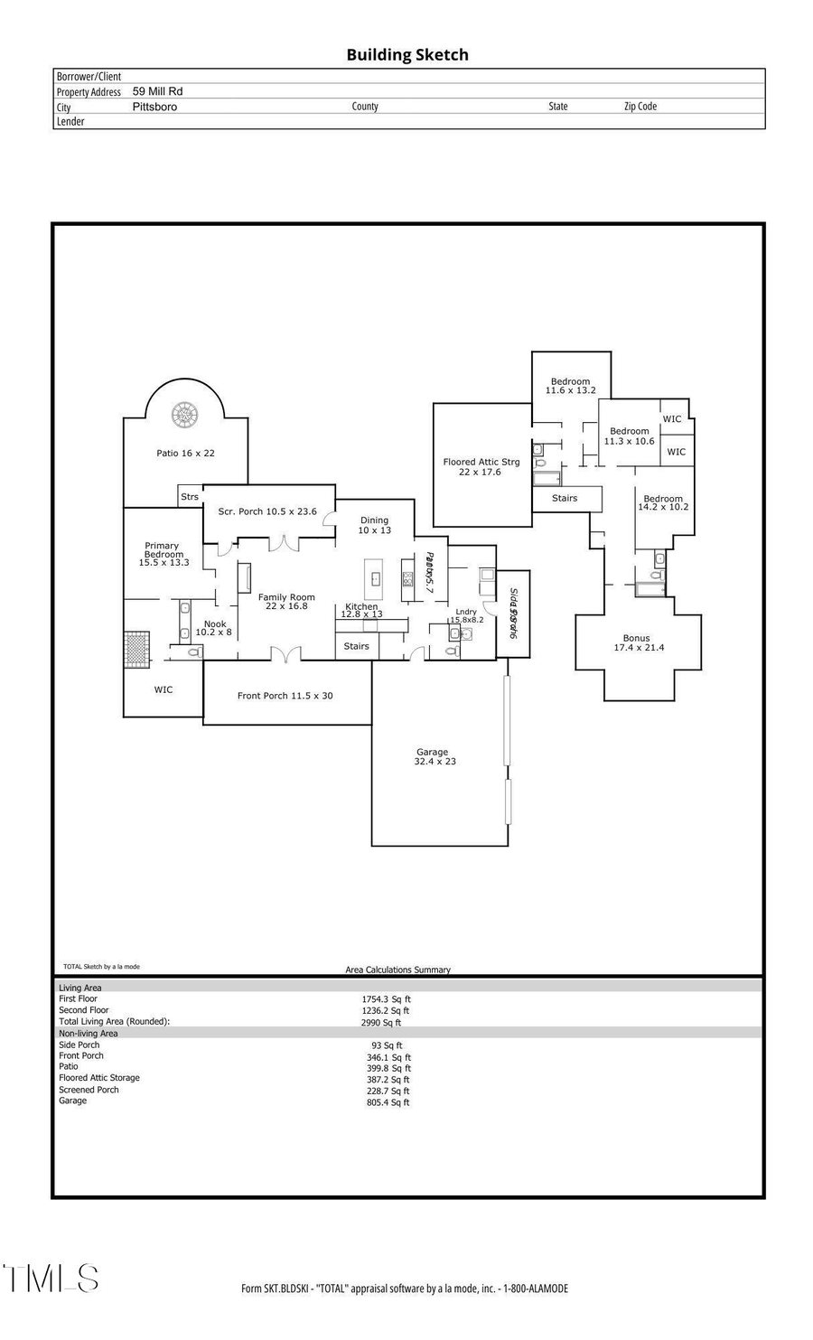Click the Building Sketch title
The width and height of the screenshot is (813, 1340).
pyautogui.click(x=407, y=55)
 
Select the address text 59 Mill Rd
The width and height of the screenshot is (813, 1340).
pyautogui.click(x=157, y=91)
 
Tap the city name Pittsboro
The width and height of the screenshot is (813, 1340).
pyautogui.click(x=154, y=107)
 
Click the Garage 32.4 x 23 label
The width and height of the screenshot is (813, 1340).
pyautogui.click(x=434, y=756)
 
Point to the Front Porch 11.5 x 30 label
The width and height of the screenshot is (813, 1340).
pyautogui.click(x=285, y=696)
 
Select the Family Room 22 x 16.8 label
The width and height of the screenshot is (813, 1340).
pyautogui.click(x=286, y=601)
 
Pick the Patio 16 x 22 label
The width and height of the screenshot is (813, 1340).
pyautogui.click(x=185, y=453)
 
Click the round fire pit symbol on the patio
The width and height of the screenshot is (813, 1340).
pyautogui.click(x=186, y=415)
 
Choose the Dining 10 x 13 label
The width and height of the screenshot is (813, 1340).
pyautogui.click(x=374, y=525)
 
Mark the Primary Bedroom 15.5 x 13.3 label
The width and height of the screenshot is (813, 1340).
pyautogui.click(x=164, y=554)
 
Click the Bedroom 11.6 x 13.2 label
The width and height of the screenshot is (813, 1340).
pyautogui.click(x=571, y=386)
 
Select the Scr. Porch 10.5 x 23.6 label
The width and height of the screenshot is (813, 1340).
pyautogui.click(x=267, y=511)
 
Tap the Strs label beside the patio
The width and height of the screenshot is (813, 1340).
pyautogui.click(x=190, y=497)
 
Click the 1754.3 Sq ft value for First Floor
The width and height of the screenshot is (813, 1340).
pyautogui.click(x=386, y=999)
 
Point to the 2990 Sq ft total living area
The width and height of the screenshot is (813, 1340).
pyautogui.click(x=381, y=1023)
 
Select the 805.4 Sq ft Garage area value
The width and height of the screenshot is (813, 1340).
pyautogui.click(x=388, y=1102)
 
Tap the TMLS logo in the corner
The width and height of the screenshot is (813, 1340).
pyautogui.click(x=51, y=1279)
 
